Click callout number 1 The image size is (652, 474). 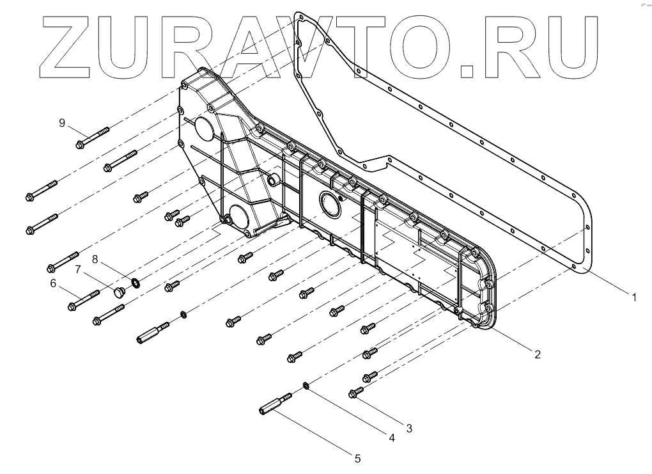pos(633,297)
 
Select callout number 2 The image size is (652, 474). pos(538,353)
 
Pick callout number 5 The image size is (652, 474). pos(357,458)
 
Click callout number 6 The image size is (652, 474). pos(53,282)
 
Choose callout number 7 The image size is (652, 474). pos(79,269)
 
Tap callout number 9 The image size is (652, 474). pos(63,123)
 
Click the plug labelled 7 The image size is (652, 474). pos(119,294)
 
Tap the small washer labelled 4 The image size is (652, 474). pos(306,385)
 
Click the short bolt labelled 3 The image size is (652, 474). pos(355,392)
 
